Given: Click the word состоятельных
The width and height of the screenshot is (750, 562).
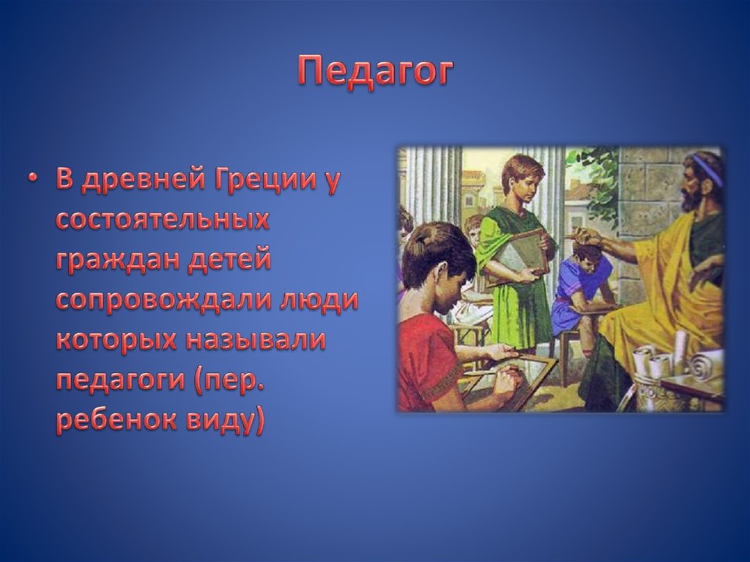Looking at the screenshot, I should pyautogui.click(x=162, y=221).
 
